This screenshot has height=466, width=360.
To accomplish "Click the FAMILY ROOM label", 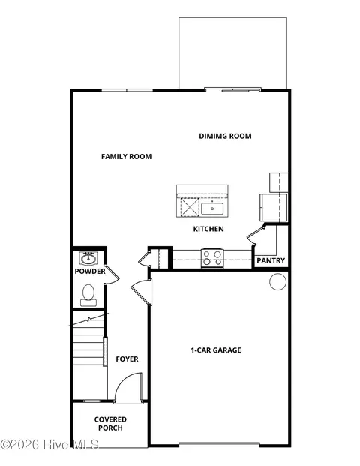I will click(127, 157).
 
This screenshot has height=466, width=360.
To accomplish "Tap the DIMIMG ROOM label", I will click(225, 136).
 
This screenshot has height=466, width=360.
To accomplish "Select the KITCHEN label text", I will click(208, 229).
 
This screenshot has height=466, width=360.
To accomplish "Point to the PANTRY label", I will click(270, 260).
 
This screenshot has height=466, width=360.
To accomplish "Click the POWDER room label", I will click(90, 271).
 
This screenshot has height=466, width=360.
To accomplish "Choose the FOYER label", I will click(127, 359).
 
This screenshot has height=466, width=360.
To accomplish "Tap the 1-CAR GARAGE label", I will click(215, 350).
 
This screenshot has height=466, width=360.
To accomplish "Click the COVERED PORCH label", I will click(110, 424).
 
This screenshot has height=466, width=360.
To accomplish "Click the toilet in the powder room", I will click(88, 293).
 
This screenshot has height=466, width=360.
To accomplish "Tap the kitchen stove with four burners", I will click(212, 257).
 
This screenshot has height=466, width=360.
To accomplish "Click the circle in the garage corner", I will click(278, 282).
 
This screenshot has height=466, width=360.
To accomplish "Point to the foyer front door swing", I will click(127, 388).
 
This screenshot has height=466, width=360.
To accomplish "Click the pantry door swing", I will click(257, 234).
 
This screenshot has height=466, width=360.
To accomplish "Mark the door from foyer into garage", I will click(139, 292).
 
